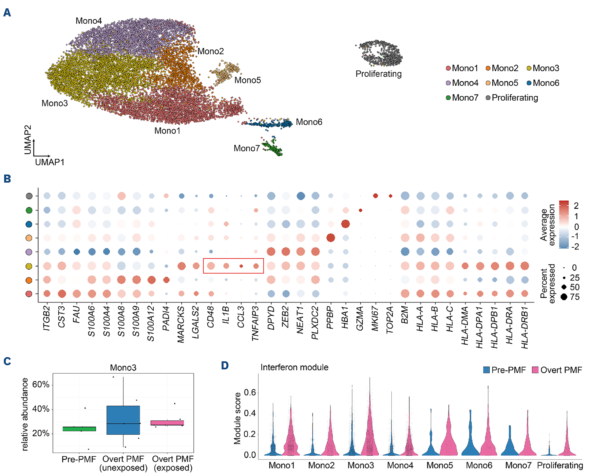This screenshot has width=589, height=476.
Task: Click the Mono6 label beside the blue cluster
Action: point(309,122)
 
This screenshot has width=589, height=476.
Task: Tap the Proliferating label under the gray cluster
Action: point(378,74)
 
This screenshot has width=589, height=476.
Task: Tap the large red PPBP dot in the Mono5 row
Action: point(331,238)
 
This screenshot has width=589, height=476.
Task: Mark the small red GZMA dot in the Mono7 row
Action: point(361,210)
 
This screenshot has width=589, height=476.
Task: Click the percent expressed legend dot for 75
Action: point(564,297)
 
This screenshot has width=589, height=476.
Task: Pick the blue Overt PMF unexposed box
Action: point(123,420)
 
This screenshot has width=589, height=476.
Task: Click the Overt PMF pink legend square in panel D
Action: point(535,370)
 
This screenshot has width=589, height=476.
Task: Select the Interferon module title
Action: point(294,367)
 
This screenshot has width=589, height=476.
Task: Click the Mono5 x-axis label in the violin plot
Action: point(440,465)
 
